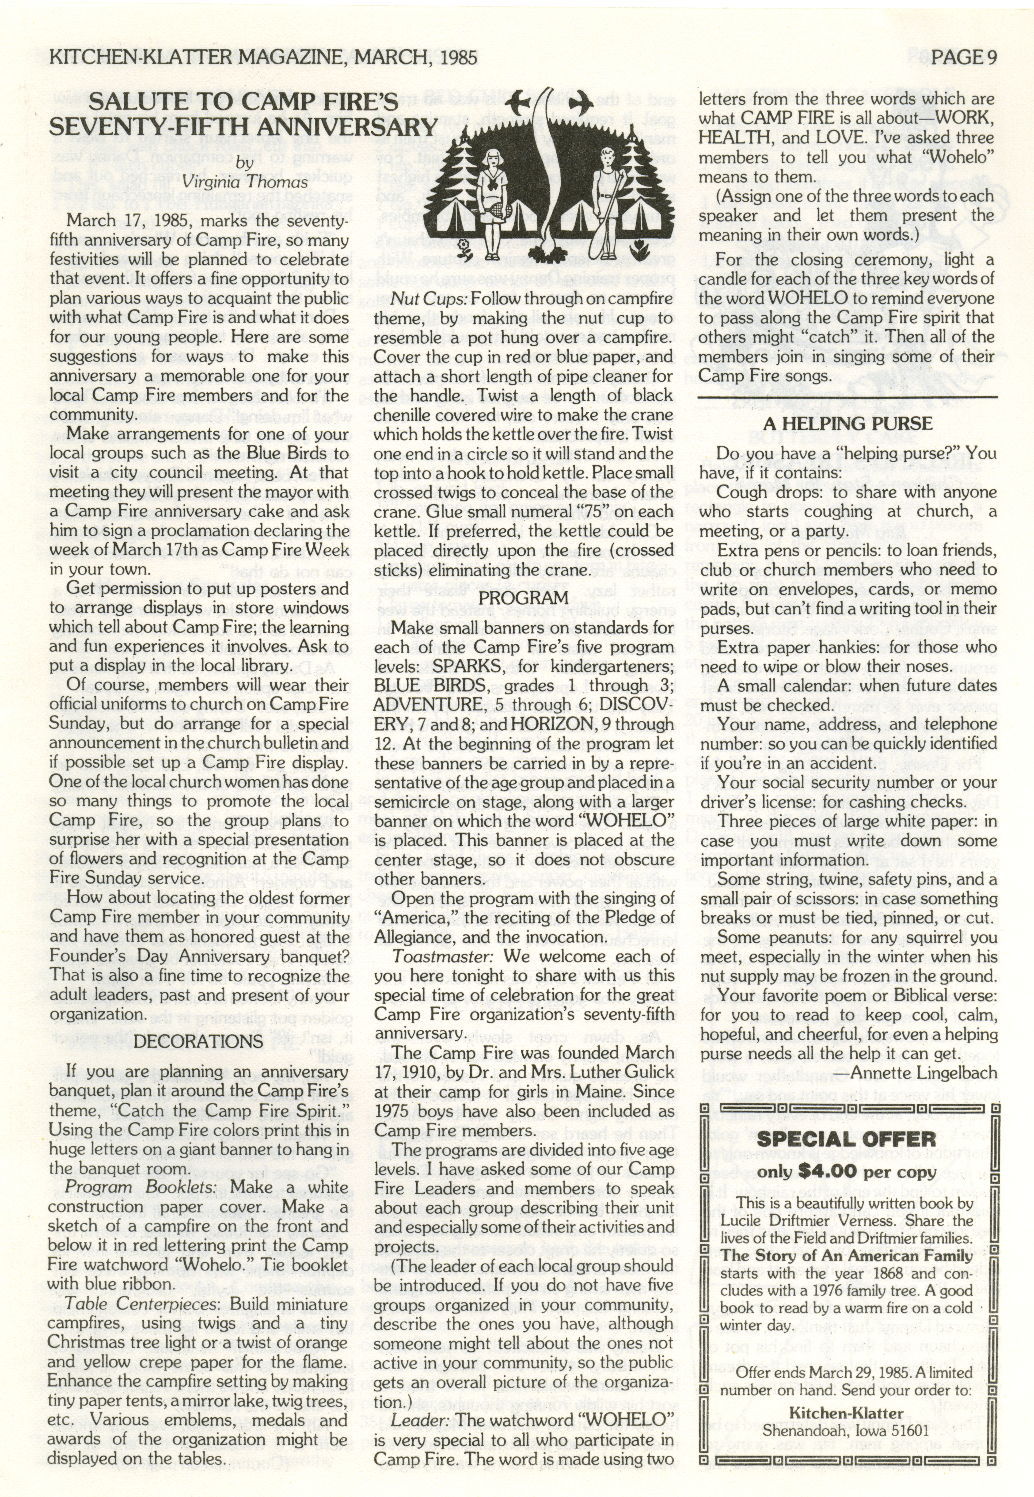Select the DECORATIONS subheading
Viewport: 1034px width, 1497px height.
point(198,1041)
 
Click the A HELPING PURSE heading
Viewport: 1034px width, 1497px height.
point(848,424)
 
